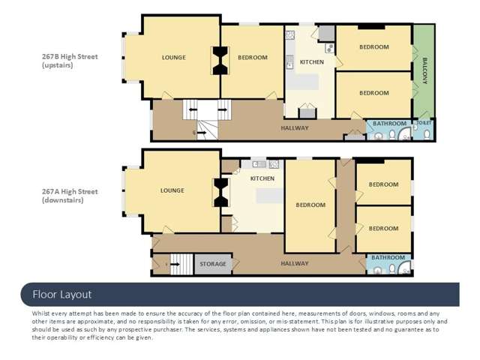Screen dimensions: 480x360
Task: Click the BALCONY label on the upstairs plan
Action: point(425,70)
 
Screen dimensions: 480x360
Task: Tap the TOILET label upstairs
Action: point(424,123)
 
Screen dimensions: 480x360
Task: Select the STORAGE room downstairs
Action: point(213,264)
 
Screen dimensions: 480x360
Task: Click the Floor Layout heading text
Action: point(62,295)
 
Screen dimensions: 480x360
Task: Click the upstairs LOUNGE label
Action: point(174,58)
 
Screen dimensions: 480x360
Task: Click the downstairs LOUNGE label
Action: point(172,190)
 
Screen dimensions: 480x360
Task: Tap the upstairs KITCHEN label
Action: point(312,62)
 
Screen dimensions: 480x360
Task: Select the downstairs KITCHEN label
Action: point(262,178)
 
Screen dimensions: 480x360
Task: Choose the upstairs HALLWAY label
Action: point(295,128)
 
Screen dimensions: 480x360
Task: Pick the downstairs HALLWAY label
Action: point(295,263)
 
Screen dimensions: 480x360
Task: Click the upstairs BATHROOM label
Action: point(390,123)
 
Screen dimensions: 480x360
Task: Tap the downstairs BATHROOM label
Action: point(388,258)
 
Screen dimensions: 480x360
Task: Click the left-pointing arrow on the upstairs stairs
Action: point(193,109)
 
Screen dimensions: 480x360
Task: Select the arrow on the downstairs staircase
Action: point(175,264)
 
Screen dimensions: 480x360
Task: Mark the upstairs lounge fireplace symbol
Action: point(220,61)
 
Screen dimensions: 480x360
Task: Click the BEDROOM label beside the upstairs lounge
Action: point(253,58)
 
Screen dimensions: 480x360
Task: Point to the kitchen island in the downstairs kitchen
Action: point(269,196)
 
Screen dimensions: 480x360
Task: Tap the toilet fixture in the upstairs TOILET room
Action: point(427,133)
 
